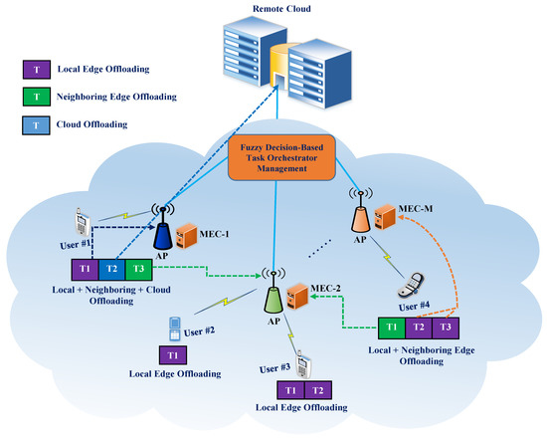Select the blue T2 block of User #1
point(112,268)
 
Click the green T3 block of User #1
point(139,268)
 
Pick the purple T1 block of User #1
point(85,268)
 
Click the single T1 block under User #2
point(173,355)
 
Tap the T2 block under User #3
point(317,389)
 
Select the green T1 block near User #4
point(393,327)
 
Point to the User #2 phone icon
point(175,328)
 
